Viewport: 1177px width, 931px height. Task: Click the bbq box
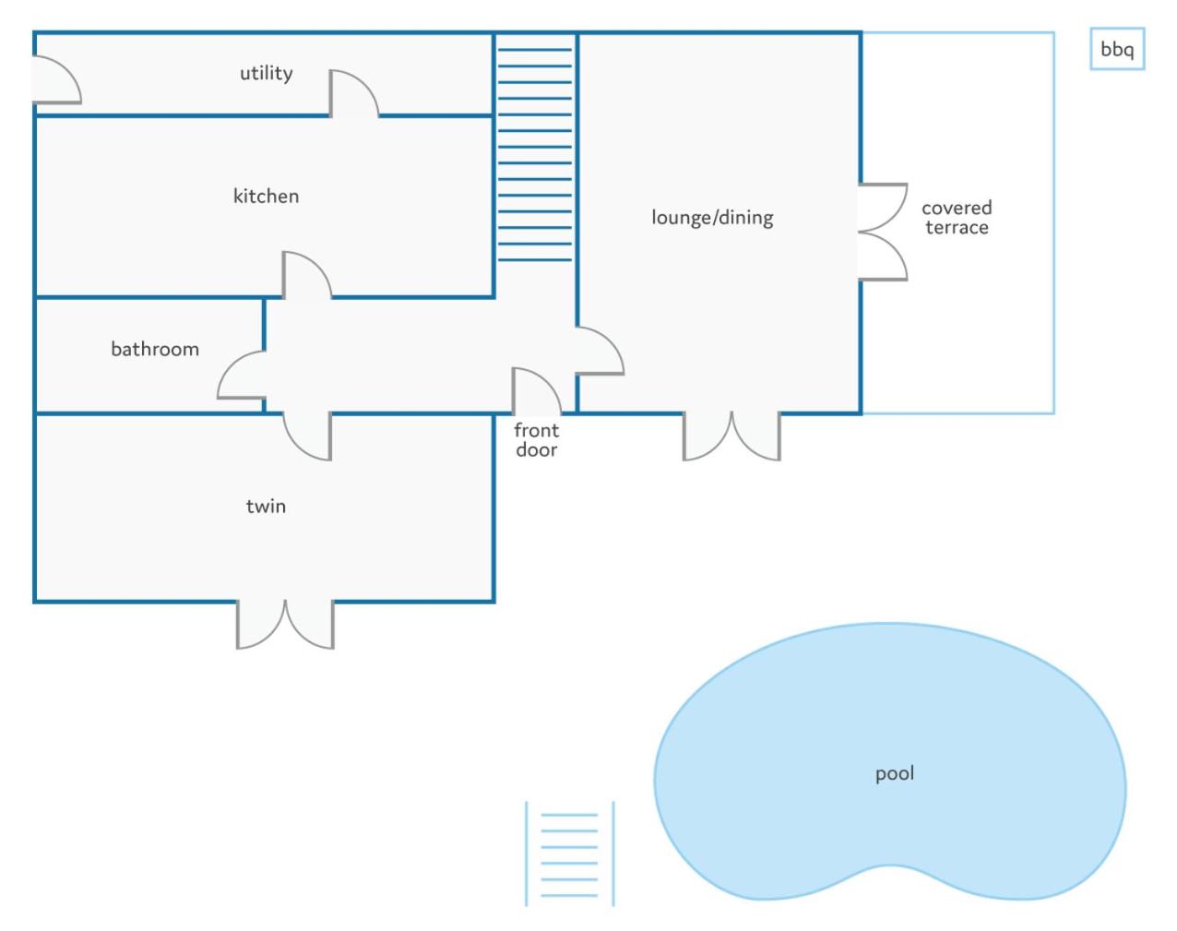point(1117,49)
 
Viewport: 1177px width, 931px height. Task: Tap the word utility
point(267,73)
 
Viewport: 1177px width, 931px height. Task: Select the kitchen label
point(266,196)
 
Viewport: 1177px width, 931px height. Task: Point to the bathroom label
point(155,349)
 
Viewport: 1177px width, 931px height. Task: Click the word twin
point(266,506)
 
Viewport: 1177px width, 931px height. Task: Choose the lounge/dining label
point(712,217)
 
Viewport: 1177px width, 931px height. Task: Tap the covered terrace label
point(957,217)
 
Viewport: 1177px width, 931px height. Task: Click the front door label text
point(536,440)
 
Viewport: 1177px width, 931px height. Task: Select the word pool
point(894,773)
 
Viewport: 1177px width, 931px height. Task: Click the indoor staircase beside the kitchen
point(535,154)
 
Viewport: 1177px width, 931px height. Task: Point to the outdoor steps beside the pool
point(569,853)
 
